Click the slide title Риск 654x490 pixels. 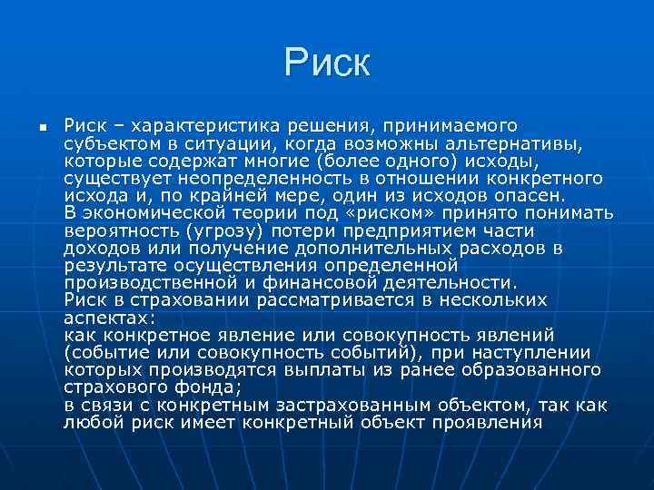coord(327,63)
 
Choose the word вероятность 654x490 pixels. coord(120,230)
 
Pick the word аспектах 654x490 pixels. coord(109,318)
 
